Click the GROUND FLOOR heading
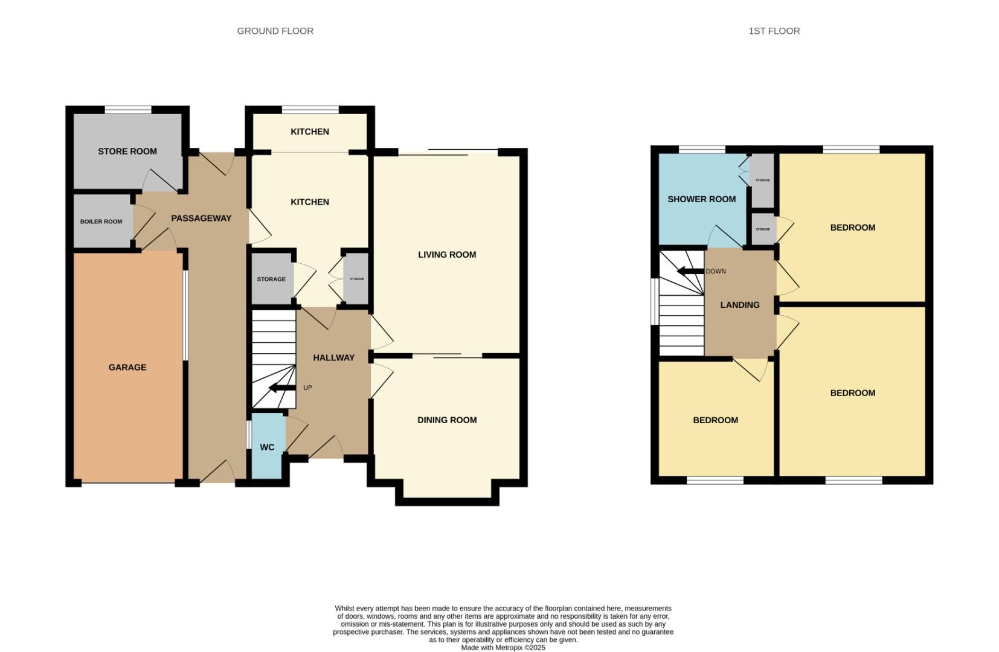[x=275, y=31]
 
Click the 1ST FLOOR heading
[x=774, y=31]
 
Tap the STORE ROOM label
[x=127, y=152]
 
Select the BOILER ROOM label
[x=101, y=222]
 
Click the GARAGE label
[x=127, y=367]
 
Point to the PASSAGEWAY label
[x=201, y=219]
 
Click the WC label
[x=267, y=447]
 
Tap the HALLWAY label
[x=333, y=358]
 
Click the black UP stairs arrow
[x=281, y=388]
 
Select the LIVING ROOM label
[x=447, y=255]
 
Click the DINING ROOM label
[x=447, y=420]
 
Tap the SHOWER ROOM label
[x=701, y=199]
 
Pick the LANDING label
[x=740, y=305]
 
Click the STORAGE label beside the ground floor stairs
[x=271, y=280]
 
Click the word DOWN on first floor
[x=716, y=271]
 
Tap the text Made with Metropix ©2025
[x=503, y=648]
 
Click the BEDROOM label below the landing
[x=715, y=420]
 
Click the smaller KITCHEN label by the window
[x=310, y=132]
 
